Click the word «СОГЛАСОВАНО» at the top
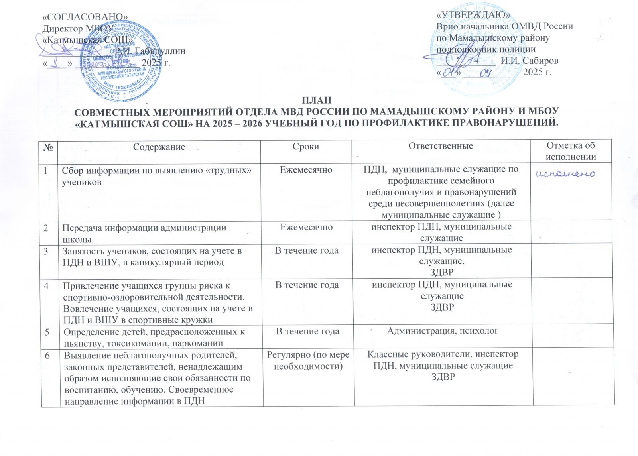(x=85, y=17)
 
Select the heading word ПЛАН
(x=317, y=100)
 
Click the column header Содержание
(x=159, y=147)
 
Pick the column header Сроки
(x=306, y=147)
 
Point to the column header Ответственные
(x=441, y=146)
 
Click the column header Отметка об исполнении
(x=571, y=151)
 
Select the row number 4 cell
(x=47, y=286)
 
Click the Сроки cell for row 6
(x=308, y=360)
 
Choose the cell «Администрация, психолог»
(x=443, y=331)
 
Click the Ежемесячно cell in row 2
(x=306, y=227)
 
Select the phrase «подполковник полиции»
(x=486, y=49)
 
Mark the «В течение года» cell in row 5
(x=308, y=332)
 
